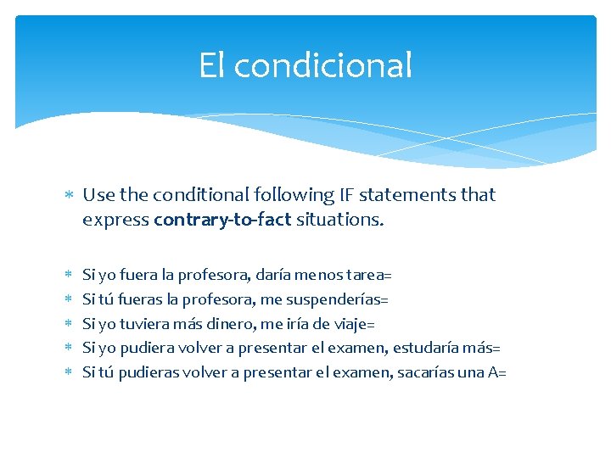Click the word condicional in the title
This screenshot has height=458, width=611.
point(322,65)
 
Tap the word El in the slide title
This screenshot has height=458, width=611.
point(212,65)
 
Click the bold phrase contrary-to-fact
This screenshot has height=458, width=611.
point(222,221)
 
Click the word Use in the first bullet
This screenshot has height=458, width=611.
point(98,195)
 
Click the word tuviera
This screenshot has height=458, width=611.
point(147,324)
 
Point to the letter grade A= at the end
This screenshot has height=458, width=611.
point(498,372)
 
